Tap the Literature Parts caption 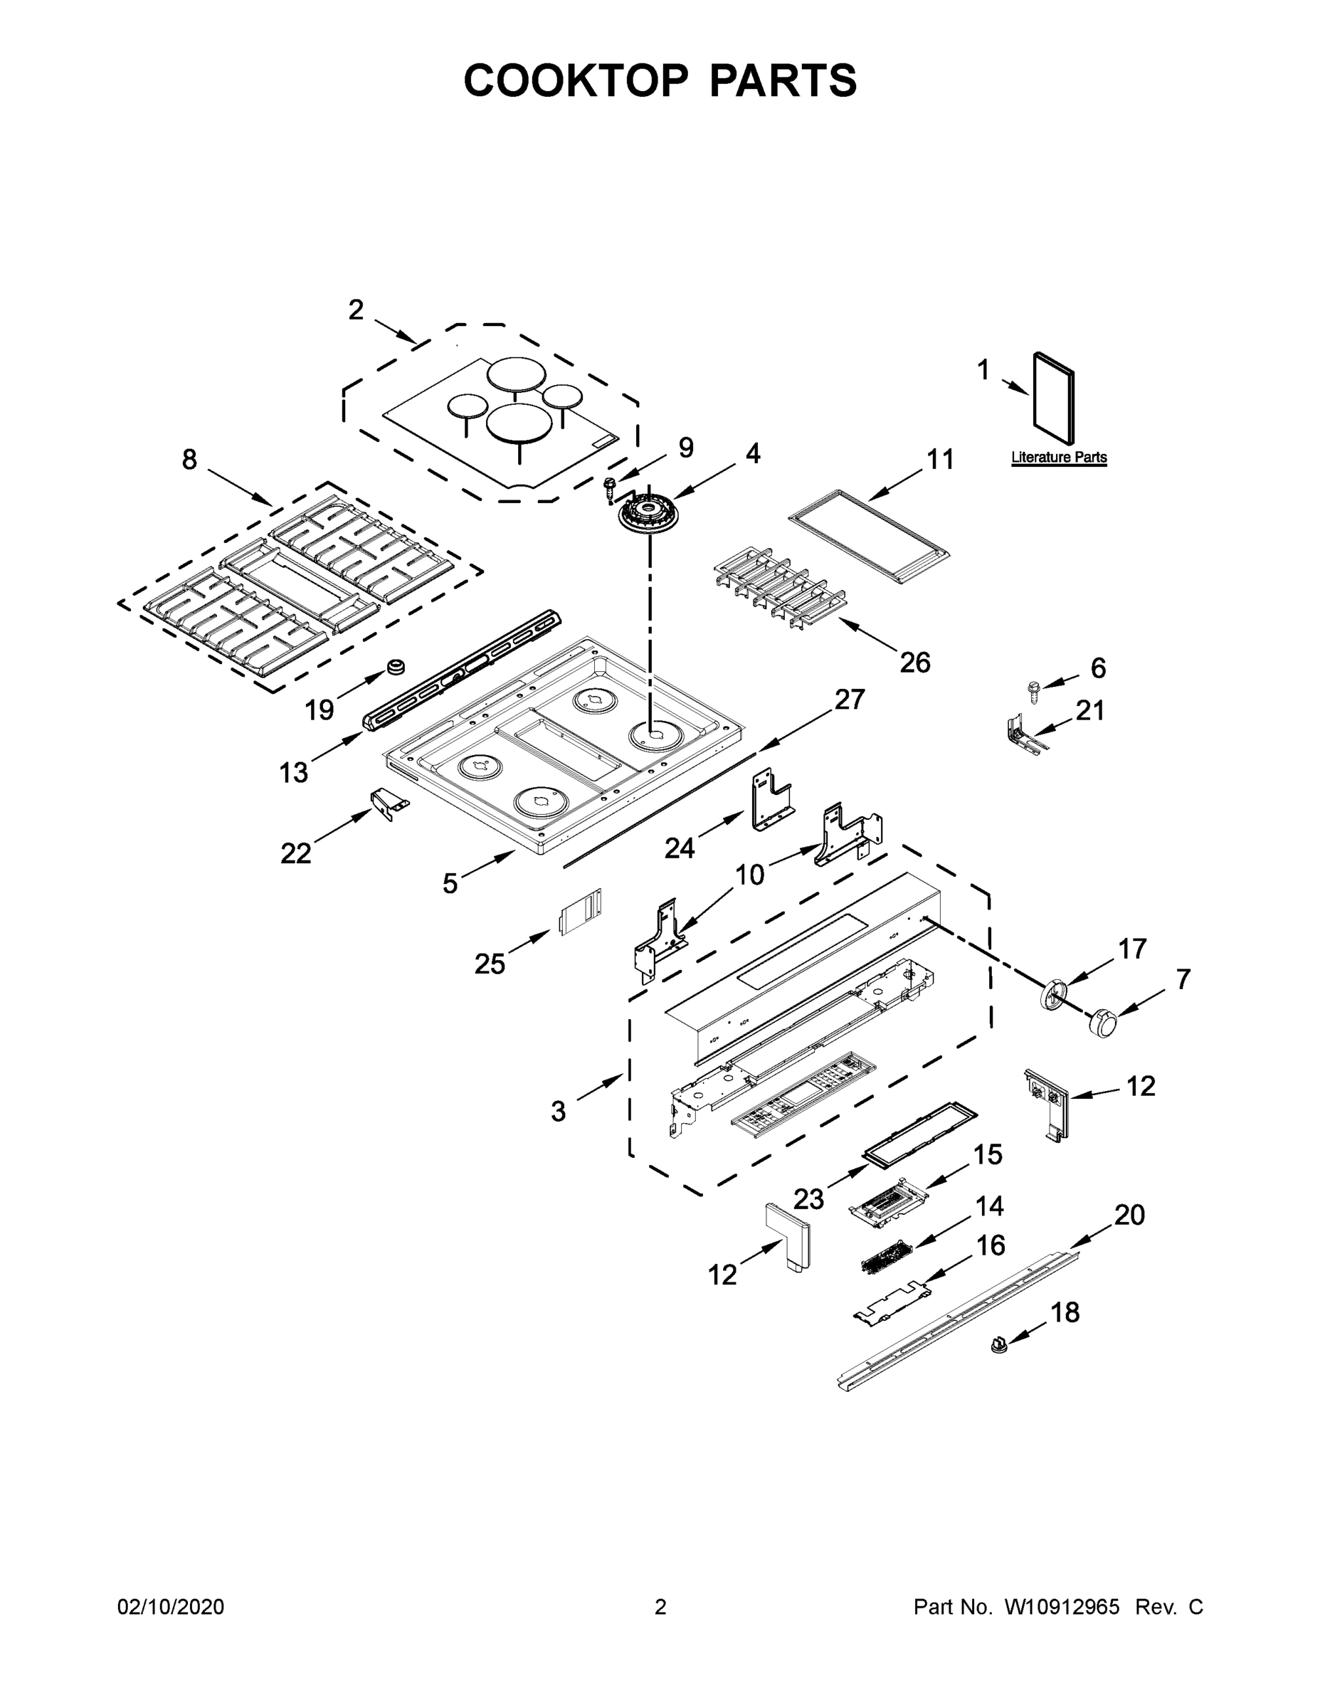(1059, 458)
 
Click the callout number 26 (914, 663)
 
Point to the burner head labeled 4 (649, 516)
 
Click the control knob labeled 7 (1102, 1021)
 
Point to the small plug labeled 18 (998, 1345)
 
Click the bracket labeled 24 (770, 799)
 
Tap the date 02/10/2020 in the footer (171, 1607)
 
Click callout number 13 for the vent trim (293, 773)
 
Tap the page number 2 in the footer (660, 1607)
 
